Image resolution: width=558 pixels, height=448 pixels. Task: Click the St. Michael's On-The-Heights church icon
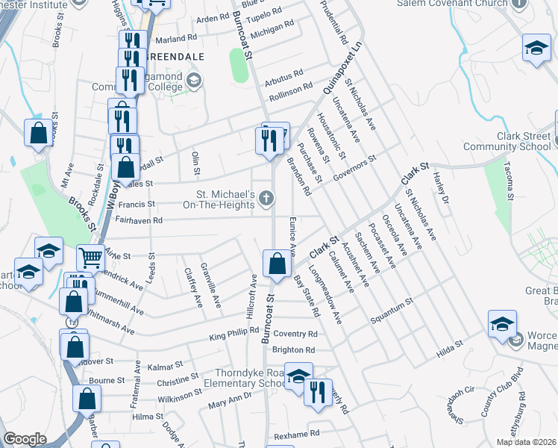click(266, 198)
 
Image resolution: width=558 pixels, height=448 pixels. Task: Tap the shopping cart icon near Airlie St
click(90, 258)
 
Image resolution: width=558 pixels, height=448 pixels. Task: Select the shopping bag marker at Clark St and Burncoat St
click(277, 264)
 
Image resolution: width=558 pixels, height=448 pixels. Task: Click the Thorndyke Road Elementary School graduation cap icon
click(298, 376)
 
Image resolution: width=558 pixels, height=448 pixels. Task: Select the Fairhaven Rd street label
click(139, 220)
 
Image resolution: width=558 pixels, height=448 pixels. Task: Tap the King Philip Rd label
click(233, 329)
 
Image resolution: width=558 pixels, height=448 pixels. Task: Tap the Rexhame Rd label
click(297, 433)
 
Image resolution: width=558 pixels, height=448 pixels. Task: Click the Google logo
click(25, 439)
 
